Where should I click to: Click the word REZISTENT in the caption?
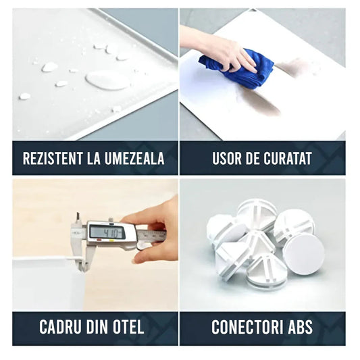pyautogui.click(x=53, y=158)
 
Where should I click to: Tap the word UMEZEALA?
pyautogui.click(x=134, y=158)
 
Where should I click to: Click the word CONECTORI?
pyautogui.click(x=247, y=327)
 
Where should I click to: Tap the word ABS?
pyautogui.click(x=300, y=327)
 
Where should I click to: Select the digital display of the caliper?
pyautogui.click(x=107, y=232)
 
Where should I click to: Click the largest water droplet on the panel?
pyautogui.click(x=107, y=80)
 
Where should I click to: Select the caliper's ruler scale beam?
pyautogui.click(x=152, y=235)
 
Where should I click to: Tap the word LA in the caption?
pyautogui.click(x=94, y=158)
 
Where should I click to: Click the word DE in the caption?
pyautogui.click(x=252, y=158)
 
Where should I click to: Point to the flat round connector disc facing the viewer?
pyautogui.click(x=304, y=254)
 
